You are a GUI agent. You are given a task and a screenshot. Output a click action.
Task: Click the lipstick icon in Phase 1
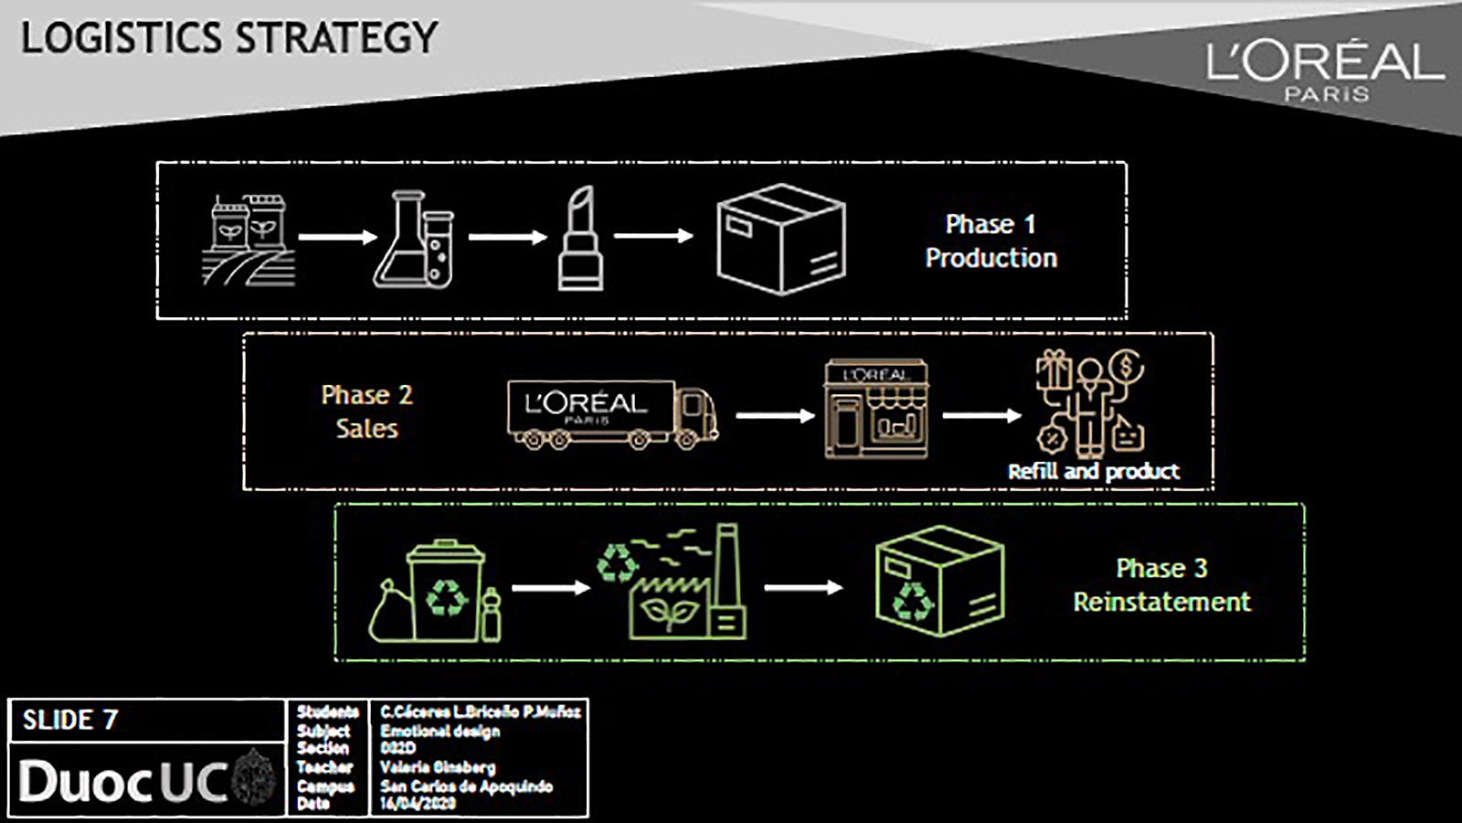[x=581, y=240]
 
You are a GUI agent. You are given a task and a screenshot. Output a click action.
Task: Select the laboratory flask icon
[x=412, y=240]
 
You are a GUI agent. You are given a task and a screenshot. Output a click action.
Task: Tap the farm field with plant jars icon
[x=249, y=240]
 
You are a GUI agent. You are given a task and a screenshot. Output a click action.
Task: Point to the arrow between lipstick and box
[x=653, y=236]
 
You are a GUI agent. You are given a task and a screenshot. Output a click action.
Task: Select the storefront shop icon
[x=876, y=409]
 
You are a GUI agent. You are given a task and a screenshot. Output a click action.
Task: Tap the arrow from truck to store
[x=775, y=416]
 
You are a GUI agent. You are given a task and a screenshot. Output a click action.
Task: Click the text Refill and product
[x=1093, y=472]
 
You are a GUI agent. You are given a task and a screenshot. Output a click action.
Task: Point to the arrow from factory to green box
[x=803, y=587]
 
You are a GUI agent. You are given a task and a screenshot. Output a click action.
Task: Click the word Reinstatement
[x=1161, y=603]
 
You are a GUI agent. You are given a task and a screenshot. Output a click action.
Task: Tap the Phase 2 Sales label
[x=366, y=411]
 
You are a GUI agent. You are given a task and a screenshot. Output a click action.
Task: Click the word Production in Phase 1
[x=991, y=259]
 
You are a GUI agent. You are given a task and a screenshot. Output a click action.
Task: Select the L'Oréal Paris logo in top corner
[x=1324, y=70]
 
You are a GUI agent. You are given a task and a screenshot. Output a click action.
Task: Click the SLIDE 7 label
[x=70, y=721]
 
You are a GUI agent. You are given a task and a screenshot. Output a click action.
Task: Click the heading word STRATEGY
[x=337, y=38]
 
